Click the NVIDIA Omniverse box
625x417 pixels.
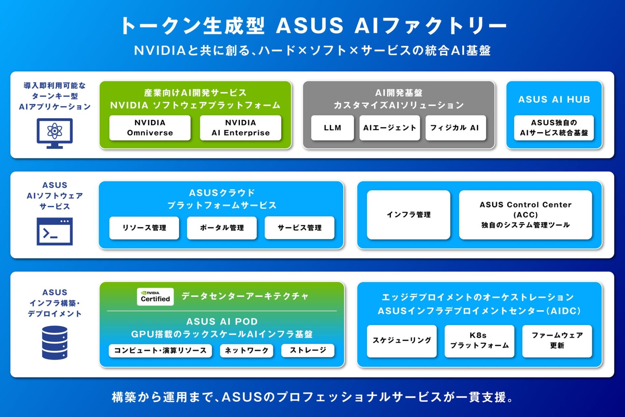(150, 128)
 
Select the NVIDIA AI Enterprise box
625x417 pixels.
(241, 128)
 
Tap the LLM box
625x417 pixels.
(332, 128)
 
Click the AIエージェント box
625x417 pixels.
(390, 128)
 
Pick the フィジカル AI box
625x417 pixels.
(455, 128)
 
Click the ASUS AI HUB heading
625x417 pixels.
(554, 99)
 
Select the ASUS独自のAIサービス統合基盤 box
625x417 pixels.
(554, 128)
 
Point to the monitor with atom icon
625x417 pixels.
(55, 133)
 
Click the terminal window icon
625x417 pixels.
(55, 231)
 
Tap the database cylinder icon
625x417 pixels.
(55, 343)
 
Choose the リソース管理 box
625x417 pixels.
(144, 228)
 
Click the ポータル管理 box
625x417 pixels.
(222, 228)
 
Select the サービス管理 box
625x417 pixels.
(299, 228)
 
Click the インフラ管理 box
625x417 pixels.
(409, 215)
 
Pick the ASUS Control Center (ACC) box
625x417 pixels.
(525, 215)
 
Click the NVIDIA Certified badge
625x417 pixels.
(155, 296)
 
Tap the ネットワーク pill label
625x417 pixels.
(246, 351)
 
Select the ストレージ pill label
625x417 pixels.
(308, 351)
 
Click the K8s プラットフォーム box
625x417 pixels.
(479, 341)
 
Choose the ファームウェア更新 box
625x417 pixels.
(557, 341)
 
